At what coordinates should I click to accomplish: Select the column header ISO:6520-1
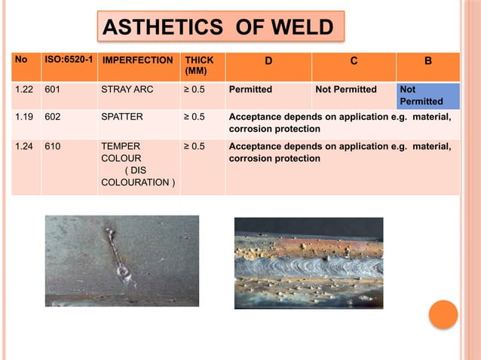(x=69, y=59)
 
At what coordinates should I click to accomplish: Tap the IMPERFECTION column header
(x=137, y=59)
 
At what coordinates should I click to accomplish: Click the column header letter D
(x=268, y=59)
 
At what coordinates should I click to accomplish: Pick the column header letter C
(x=354, y=59)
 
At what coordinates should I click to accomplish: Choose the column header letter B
(x=427, y=59)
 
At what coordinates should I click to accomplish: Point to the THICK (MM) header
(x=199, y=65)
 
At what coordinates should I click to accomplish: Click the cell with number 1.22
(x=26, y=90)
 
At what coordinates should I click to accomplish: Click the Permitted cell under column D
(x=250, y=90)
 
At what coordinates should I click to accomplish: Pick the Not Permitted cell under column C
(x=346, y=90)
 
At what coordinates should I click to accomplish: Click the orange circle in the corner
(x=443, y=314)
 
